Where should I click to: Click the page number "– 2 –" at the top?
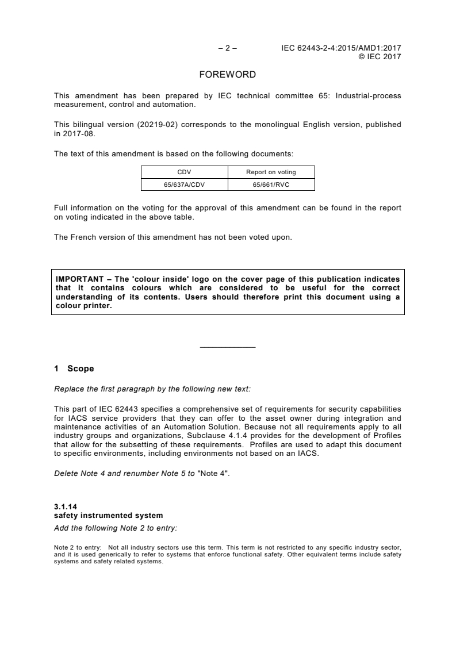[228, 48]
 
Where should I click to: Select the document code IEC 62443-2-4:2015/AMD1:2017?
[341, 48]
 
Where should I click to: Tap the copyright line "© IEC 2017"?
[380, 56]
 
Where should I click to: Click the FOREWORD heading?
[227, 75]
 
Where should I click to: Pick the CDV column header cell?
[185, 172]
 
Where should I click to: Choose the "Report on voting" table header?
[271, 172]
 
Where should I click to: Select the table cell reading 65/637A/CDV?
[185, 184]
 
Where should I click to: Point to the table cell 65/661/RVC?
[271, 184]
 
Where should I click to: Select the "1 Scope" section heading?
[74, 368]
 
